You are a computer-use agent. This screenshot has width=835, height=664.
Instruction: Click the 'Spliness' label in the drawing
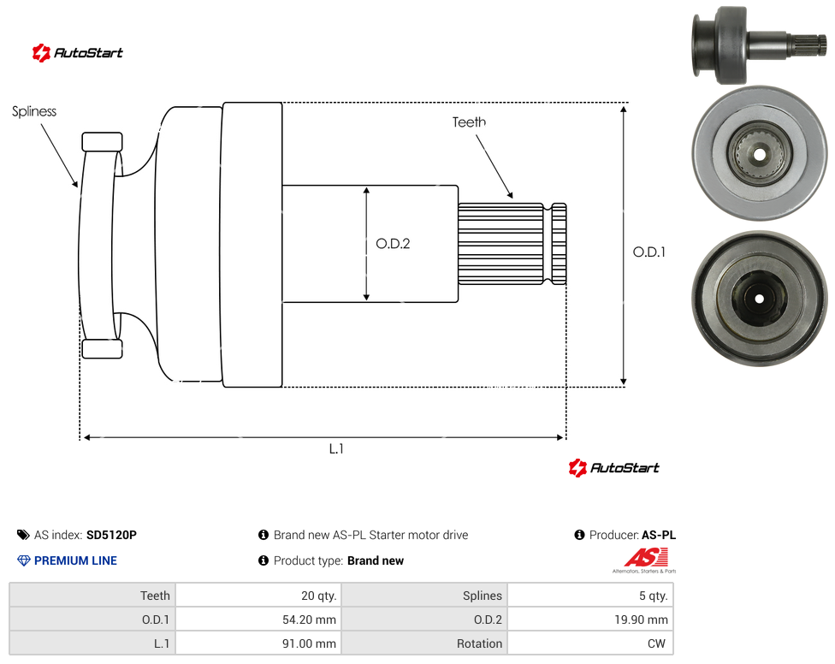point(34,111)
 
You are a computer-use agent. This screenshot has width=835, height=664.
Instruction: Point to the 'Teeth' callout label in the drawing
point(469,122)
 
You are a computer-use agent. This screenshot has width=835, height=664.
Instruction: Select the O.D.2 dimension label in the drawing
point(393,244)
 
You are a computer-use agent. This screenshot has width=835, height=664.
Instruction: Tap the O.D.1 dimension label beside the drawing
point(649,252)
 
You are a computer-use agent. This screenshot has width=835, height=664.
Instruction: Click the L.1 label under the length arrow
point(336,449)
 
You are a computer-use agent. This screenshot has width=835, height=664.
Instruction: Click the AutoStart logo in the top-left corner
point(77,53)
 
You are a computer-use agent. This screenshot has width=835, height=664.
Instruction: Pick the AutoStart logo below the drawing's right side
point(613,467)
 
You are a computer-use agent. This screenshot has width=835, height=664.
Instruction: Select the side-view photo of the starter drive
point(760,44)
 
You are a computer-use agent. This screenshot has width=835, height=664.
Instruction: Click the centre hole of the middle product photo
point(760,154)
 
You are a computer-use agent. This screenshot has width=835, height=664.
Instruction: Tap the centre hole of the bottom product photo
point(760,299)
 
